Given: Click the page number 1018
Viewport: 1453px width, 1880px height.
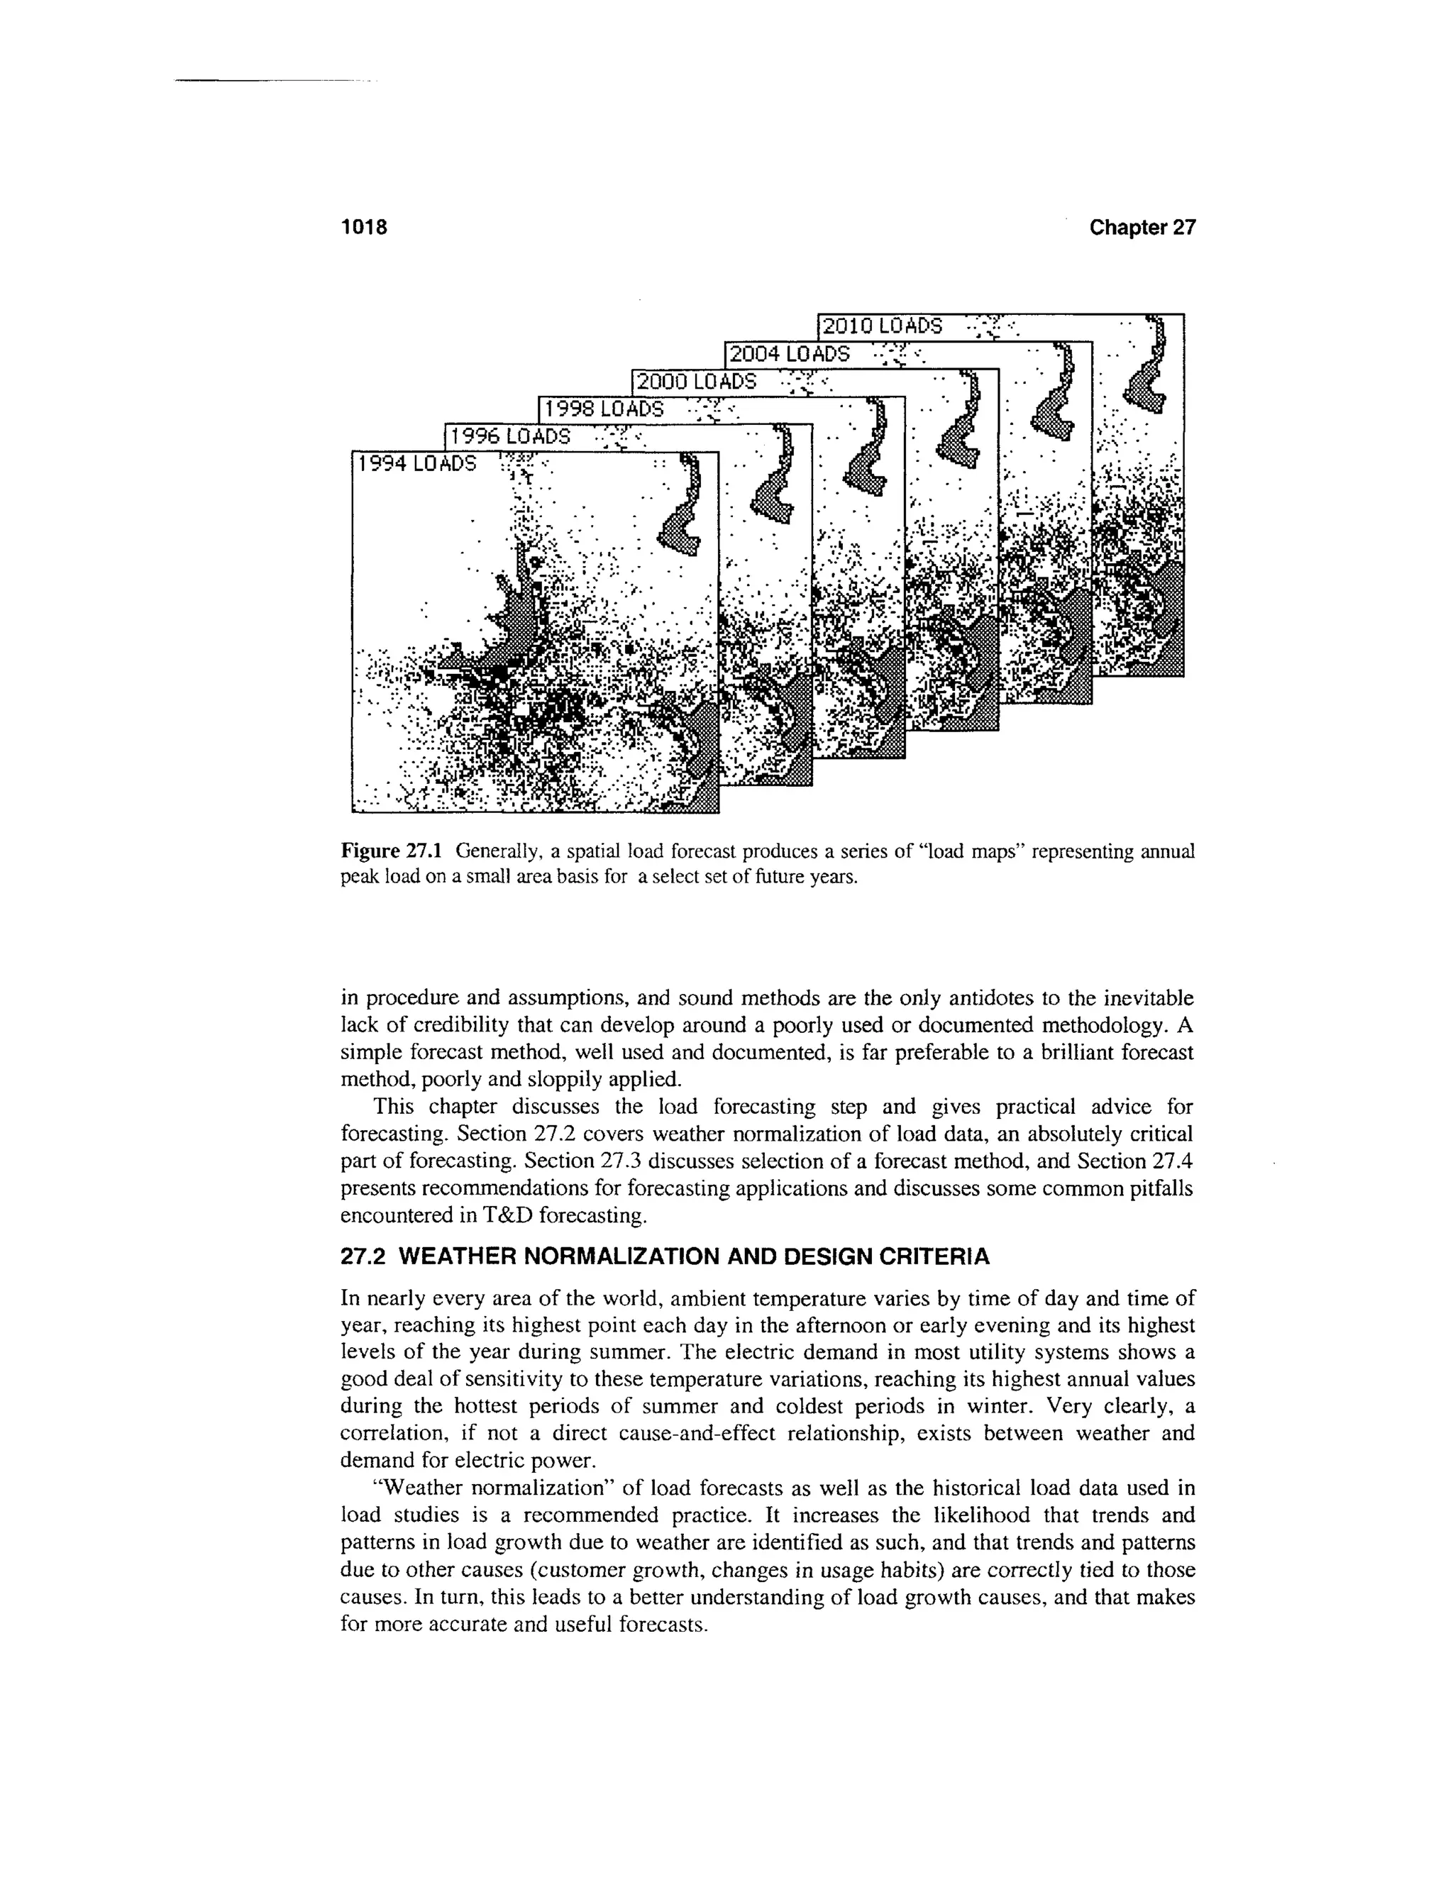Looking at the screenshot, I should [x=365, y=227].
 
